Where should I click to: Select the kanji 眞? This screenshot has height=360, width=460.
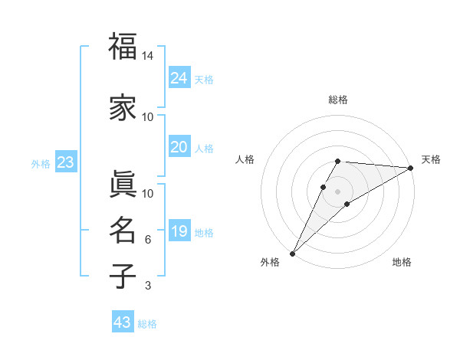[123, 184]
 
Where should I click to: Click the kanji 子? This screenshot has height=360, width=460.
[123, 276]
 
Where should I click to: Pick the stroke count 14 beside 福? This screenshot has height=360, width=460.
[148, 57]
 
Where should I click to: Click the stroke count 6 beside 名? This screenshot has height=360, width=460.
[148, 240]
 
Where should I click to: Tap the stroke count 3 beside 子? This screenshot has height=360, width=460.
[148, 286]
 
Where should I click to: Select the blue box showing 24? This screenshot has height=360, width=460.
[179, 77]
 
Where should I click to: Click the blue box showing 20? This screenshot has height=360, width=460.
[179, 147]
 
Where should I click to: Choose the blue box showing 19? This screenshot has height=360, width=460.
[179, 231]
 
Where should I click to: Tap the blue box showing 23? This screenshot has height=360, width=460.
[65, 162]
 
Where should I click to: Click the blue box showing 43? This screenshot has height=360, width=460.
[123, 322]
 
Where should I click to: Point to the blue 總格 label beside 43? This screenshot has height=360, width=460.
[147, 324]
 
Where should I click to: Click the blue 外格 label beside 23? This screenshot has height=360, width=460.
[40, 163]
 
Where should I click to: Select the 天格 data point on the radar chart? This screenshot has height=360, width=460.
[411, 169]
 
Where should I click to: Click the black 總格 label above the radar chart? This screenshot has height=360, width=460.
[338, 100]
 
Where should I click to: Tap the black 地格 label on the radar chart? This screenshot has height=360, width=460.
[402, 263]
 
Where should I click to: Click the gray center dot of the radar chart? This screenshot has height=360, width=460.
[338, 191]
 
